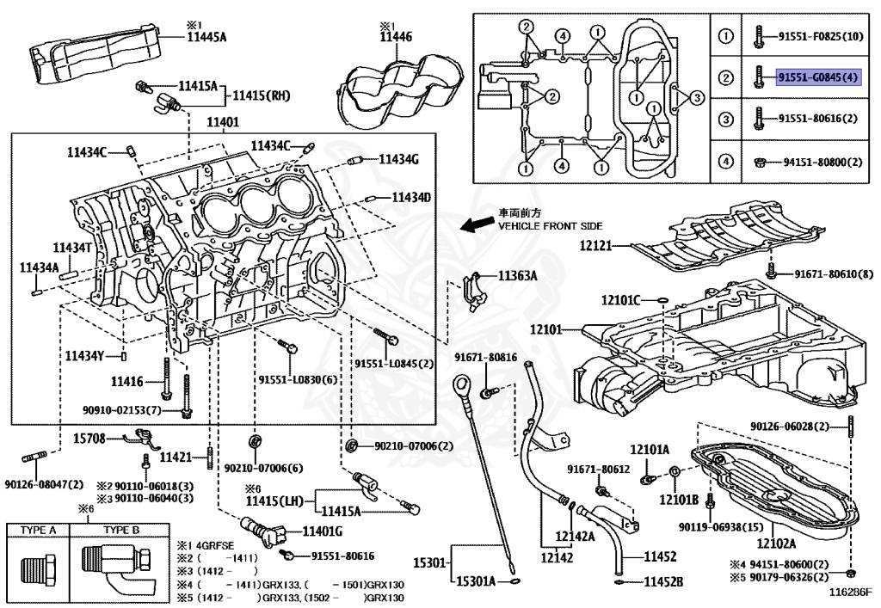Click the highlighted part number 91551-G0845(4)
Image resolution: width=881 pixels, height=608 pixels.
coord(817,77)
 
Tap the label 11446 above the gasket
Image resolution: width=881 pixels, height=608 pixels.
coord(396,37)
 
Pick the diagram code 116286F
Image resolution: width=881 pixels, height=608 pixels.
coord(850,593)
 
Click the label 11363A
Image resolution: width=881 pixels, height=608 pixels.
coord(518,276)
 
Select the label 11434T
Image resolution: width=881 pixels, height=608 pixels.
coord(72,248)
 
